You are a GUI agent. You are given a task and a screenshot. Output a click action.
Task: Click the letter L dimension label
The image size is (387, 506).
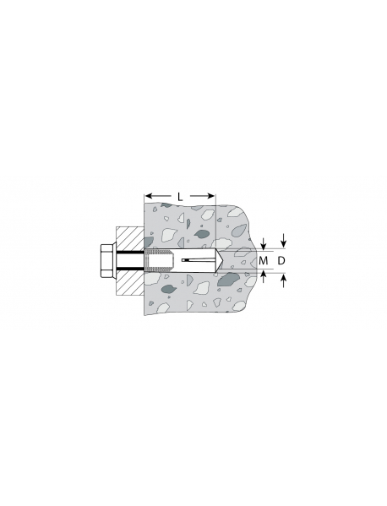(x=180, y=197)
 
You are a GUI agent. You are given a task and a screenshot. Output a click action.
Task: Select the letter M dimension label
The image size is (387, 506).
(x=264, y=260)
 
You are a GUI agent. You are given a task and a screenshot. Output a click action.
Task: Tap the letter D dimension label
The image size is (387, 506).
(x=281, y=260)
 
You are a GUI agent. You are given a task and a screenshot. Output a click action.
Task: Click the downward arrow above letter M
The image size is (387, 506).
(x=264, y=244)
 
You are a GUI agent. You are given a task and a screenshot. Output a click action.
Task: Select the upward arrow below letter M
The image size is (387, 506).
(x=264, y=276)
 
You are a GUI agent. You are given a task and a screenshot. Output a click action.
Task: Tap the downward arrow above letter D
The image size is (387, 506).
(x=284, y=240)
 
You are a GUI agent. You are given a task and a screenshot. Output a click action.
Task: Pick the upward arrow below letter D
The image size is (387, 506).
(x=284, y=280)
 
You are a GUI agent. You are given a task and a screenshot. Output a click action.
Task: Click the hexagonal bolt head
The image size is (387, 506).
(x=106, y=261)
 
